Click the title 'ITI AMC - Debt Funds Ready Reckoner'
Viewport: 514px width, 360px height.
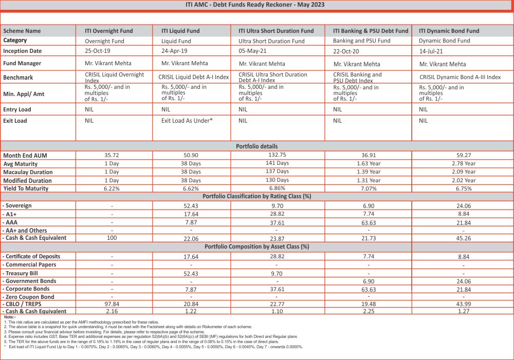point(254,5)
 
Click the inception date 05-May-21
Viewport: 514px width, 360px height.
point(253,51)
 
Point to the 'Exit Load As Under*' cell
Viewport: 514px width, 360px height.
point(187,121)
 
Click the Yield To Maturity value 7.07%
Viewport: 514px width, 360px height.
point(369,188)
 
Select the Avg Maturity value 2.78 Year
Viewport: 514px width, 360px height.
point(463,164)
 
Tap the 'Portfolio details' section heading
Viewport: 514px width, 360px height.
point(256,146)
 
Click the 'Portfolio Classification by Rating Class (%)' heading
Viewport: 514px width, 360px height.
point(256,196)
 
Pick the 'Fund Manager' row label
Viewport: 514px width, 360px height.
point(22,64)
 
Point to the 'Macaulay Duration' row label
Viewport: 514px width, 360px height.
point(28,172)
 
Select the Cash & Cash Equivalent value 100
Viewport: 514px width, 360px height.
point(112,238)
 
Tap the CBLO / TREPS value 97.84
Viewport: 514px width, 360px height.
point(112,305)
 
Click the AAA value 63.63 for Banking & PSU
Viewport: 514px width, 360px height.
point(369,222)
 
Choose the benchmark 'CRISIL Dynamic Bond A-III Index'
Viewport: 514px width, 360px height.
point(460,77)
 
